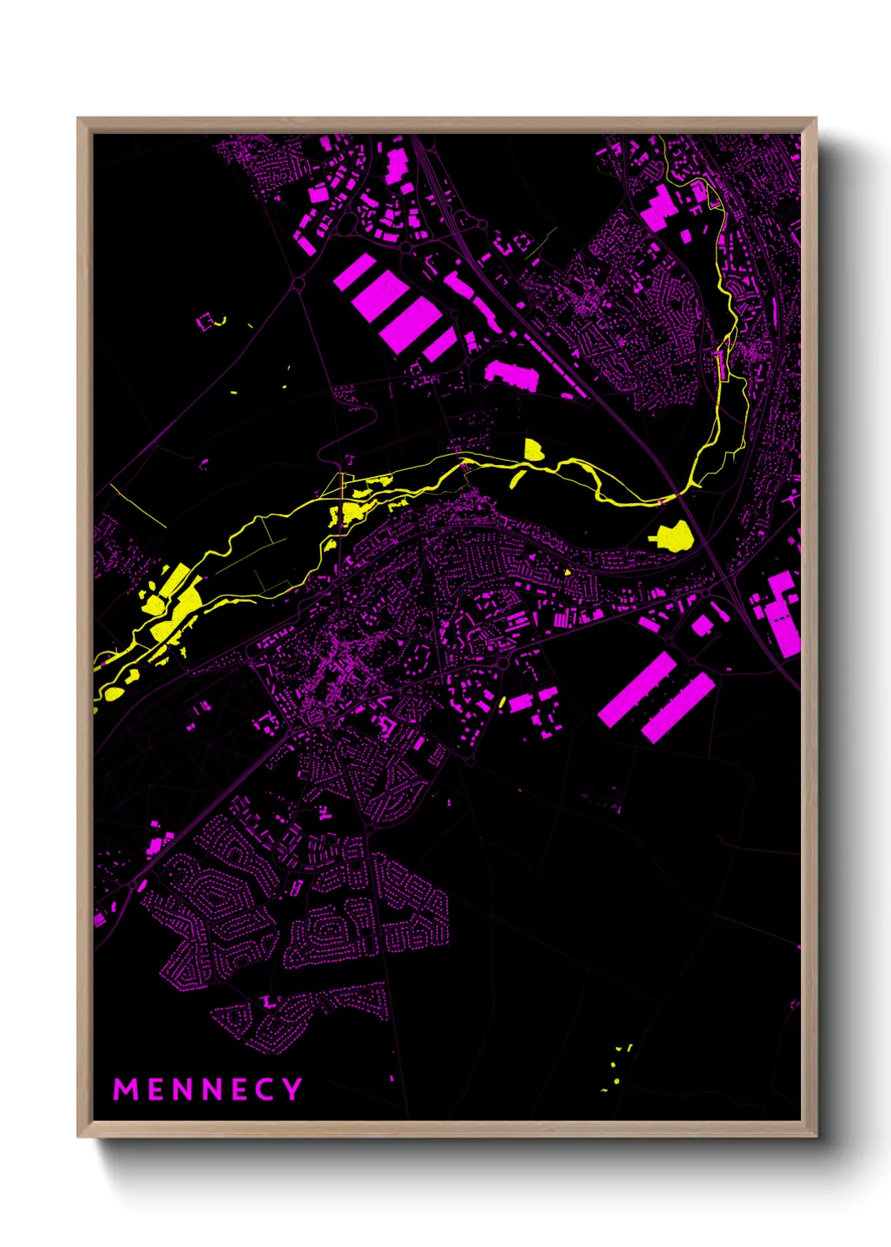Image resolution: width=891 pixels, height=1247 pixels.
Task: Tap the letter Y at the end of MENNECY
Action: tap(292, 1089)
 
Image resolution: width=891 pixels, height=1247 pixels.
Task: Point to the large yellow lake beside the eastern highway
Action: tap(673, 535)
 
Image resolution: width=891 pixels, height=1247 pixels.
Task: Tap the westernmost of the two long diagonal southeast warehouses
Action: tap(637, 689)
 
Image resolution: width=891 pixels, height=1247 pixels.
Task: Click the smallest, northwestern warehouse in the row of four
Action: tap(355, 274)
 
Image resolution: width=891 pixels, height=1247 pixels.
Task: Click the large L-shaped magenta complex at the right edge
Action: tap(782, 611)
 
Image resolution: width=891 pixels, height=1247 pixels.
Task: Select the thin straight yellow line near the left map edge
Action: tap(136, 506)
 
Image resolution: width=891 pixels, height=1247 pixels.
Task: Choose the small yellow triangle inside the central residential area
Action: tap(568, 572)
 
